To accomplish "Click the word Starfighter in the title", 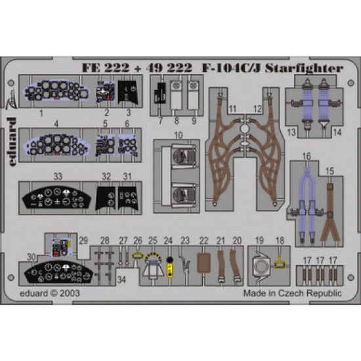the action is [x=304, y=68].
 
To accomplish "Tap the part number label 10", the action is [x=179, y=135].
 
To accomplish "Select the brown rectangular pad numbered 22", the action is [x=204, y=263].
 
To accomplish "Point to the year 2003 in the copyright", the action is [x=70, y=293].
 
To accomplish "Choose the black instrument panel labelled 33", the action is [x=56, y=198].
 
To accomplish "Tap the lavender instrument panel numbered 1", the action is [x=56, y=91].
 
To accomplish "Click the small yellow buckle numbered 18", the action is [x=280, y=264].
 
